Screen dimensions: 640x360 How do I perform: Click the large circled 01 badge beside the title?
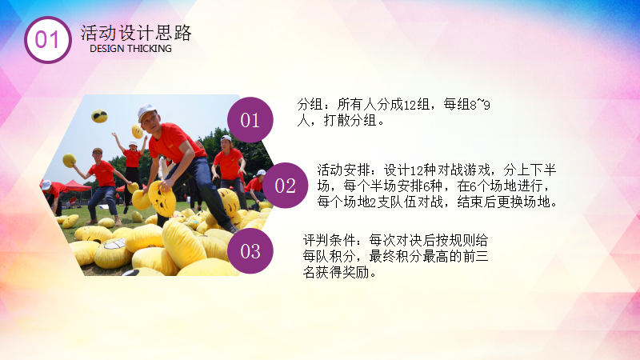[48, 39]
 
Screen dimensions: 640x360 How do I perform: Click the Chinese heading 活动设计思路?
[135, 33]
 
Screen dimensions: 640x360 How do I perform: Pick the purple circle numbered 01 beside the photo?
[250, 120]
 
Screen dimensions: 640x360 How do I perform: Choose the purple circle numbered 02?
[285, 186]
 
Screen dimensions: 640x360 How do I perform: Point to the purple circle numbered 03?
[250, 250]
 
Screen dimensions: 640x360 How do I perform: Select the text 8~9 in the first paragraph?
[480, 105]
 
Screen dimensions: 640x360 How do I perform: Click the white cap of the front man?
[146, 111]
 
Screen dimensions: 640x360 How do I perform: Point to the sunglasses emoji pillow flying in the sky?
[99, 116]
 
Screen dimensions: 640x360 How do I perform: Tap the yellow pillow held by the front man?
[162, 198]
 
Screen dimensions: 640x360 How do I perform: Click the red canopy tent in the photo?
[78, 186]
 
